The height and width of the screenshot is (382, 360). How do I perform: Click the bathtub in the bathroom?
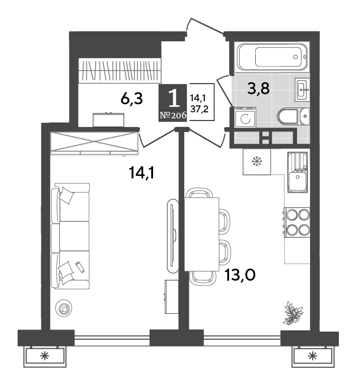[x=272, y=57]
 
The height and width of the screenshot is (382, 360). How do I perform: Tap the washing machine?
[x=245, y=117]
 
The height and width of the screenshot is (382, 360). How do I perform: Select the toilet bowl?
[x=293, y=117]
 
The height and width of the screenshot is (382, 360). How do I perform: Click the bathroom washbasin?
[x=302, y=90]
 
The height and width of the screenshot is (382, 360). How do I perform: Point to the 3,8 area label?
[x=258, y=88]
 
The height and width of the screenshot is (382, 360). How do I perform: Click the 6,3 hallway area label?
[x=131, y=99]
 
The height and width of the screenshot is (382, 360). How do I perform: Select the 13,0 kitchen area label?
[x=240, y=275]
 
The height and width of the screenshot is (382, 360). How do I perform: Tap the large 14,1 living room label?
[x=142, y=172]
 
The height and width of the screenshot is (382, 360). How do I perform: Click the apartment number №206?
[x=173, y=115]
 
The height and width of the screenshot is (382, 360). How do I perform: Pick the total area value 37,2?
[x=199, y=109]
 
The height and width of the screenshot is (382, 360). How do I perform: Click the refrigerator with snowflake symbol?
[x=257, y=162]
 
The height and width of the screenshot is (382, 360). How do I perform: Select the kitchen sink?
[x=298, y=172]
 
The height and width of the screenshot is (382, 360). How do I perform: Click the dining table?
[x=201, y=234]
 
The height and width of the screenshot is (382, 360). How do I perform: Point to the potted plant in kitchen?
[x=294, y=313]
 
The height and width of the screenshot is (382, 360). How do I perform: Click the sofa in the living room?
[x=70, y=236]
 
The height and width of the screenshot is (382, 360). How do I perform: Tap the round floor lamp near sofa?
[x=64, y=308]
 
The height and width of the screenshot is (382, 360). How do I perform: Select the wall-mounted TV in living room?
[x=173, y=235]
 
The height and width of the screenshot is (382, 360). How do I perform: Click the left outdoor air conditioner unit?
[x=45, y=356]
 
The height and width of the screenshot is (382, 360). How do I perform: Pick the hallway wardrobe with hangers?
[x=120, y=71]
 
